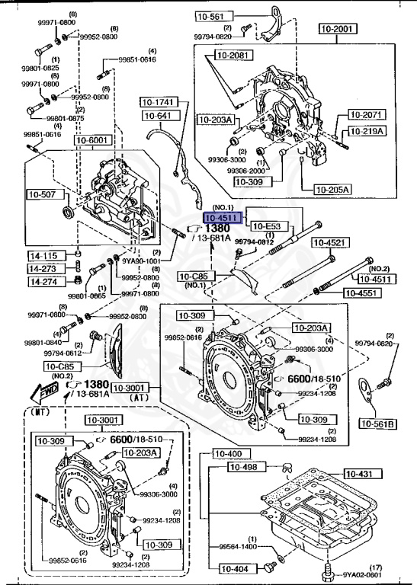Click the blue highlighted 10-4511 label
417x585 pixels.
pyautogui.click(x=222, y=218)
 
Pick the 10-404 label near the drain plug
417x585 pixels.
pyautogui.click(x=236, y=567)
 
